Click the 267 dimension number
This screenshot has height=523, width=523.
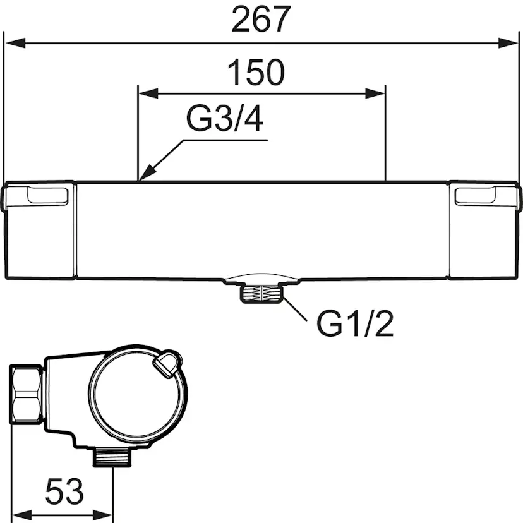(x=261, y=20)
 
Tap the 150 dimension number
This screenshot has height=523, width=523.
(x=256, y=72)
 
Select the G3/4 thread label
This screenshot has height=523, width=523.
(x=225, y=118)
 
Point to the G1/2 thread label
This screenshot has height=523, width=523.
(x=355, y=323)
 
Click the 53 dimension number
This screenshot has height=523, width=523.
(x=64, y=491)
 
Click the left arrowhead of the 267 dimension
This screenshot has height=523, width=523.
(x=15, y=43)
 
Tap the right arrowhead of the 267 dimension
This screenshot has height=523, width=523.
(x=508, y=43)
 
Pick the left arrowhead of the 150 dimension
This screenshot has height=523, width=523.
(x=148, y=93)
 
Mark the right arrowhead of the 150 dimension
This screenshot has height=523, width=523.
(x=375, y=93)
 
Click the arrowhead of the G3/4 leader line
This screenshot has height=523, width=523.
(x=147, y=173)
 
